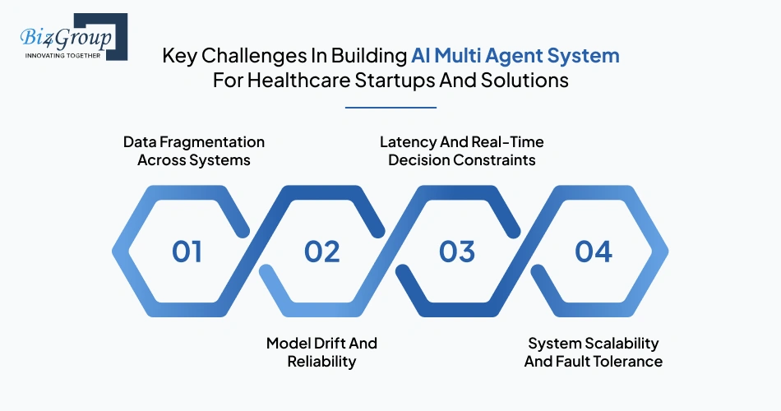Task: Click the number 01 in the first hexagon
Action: [x=187, y=252]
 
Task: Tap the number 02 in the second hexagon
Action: [x=321, y=252]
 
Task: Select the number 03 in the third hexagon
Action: [x=457, y=252]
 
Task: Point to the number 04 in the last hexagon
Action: [x=593, y=252]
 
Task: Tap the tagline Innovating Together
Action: [x=64, y=56]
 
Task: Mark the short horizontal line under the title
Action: [x=390, y=107]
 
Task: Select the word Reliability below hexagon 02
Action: [x=321, y=362]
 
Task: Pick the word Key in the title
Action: [x=177, y=56]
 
